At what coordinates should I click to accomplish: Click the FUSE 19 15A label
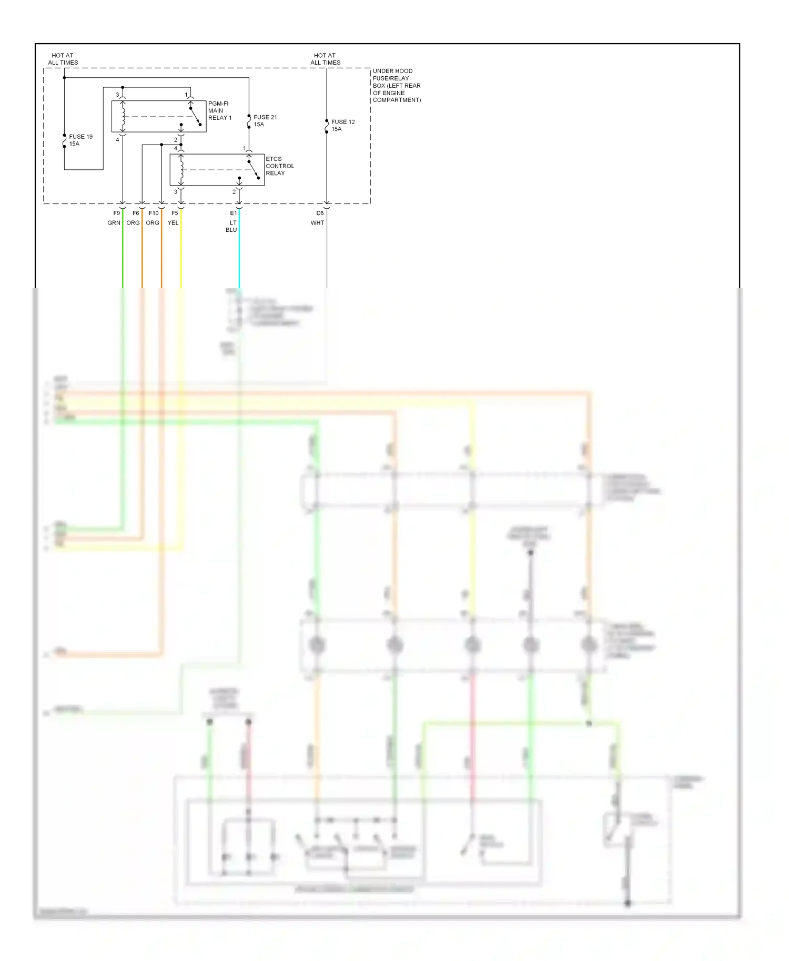80,140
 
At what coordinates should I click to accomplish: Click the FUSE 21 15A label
265,121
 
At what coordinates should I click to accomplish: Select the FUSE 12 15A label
342,125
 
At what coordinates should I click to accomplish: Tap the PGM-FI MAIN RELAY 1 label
219,110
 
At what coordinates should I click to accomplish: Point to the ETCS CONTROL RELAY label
279,166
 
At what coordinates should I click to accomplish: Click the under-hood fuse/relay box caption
396,85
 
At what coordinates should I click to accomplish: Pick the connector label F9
116,213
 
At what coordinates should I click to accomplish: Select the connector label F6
136,213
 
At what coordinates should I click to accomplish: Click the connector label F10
154,213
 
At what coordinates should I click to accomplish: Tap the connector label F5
175,213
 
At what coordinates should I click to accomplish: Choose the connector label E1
234,213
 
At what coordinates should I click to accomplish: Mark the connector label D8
320,213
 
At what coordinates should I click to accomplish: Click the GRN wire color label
114,223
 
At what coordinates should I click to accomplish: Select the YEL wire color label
173,223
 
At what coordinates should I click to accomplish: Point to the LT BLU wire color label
232,226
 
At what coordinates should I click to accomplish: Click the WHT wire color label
317,223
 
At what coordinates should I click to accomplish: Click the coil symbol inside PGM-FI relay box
123,116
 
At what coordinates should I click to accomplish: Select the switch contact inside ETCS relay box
254,169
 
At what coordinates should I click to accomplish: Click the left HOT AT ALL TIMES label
63,59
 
